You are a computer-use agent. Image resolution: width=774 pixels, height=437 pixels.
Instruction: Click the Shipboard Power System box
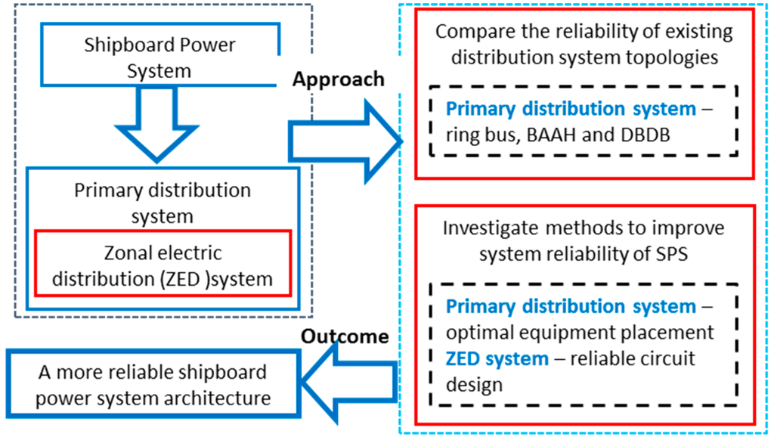[x=159, y=58]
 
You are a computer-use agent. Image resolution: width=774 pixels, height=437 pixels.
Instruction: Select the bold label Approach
[x=339, y=79]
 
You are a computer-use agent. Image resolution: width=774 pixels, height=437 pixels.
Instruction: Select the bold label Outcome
[x=345, y=336]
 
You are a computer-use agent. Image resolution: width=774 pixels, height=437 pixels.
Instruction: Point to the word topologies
[x=668, y=57]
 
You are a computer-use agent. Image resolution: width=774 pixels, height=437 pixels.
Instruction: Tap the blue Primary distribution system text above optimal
[x=570, y=306]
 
